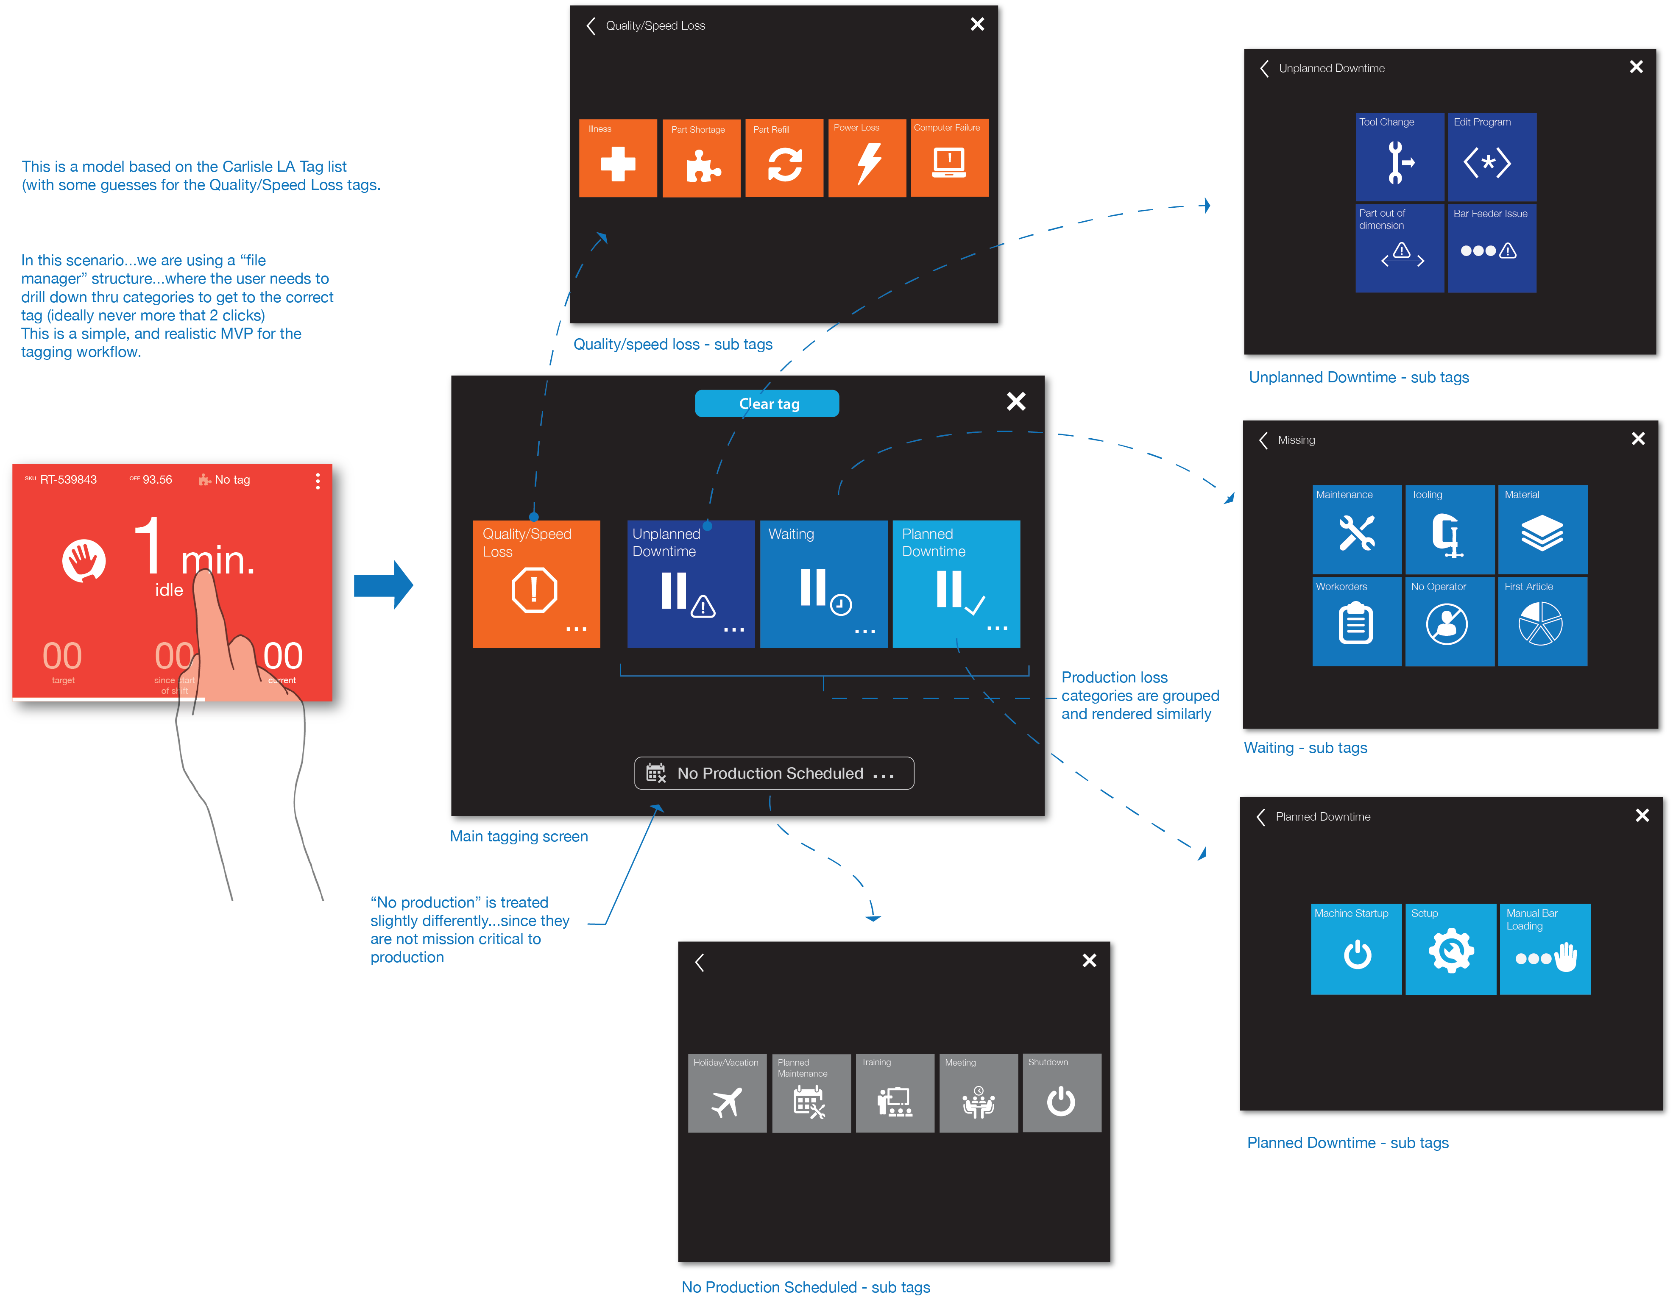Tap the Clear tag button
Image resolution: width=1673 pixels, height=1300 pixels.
[767, 404]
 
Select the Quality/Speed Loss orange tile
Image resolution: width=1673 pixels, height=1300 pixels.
[536, 584]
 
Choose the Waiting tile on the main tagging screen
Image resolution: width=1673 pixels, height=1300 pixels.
[823, 584]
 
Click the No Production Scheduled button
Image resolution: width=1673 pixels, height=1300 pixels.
[774, 773]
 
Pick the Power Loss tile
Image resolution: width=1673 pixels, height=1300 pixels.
[867, 158]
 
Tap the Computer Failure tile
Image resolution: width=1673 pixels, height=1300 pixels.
[949, 158]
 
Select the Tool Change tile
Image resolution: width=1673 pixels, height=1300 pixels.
[1400, 157]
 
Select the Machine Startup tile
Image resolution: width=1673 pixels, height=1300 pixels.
[1356, 949]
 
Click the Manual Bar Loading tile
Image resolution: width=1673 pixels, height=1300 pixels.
[1544, 949]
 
